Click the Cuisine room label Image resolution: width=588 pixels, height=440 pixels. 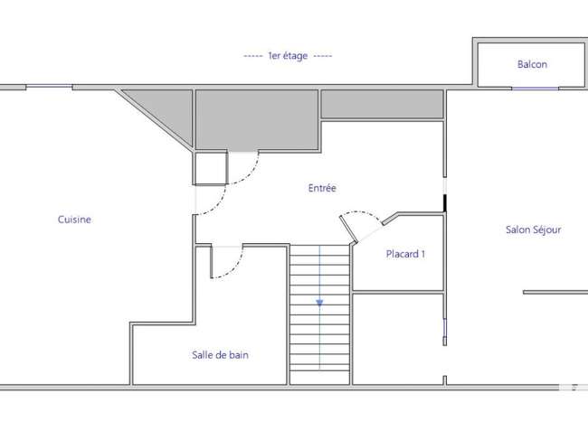74,220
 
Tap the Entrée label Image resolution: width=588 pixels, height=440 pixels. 322,188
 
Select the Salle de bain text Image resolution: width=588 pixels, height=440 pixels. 220,355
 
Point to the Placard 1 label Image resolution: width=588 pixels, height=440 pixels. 405,254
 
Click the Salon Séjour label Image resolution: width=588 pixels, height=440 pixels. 533,229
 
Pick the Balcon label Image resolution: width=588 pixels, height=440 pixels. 532,64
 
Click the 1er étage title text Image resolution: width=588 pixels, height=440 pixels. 288,56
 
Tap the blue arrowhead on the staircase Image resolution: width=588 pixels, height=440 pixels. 319,303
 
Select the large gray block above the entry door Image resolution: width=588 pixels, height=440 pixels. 257,119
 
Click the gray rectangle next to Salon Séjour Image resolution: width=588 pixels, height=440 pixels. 382,104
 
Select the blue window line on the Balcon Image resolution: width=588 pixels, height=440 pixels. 536,89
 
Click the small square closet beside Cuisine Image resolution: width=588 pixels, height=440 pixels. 211,168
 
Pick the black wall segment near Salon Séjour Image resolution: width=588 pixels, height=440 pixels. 445,203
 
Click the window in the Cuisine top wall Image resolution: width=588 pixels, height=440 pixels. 49,87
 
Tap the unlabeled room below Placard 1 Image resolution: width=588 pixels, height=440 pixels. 398,339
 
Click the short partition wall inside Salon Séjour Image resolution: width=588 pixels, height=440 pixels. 555,292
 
